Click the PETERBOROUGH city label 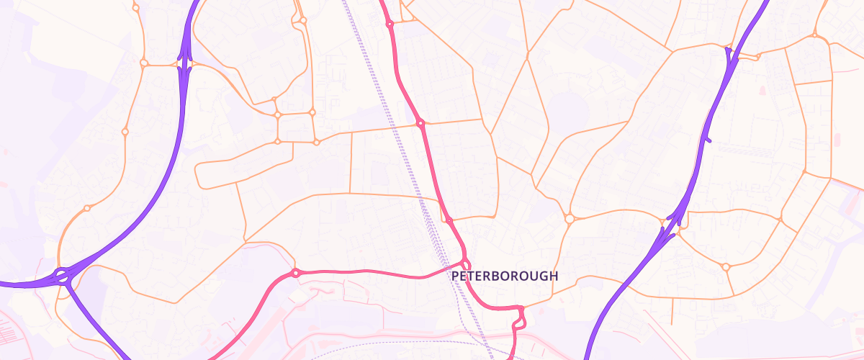point(504,276)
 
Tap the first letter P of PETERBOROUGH point(455,276)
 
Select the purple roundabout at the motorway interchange point(62,274)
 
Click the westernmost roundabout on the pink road point(295,273)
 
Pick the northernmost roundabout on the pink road point(390,24)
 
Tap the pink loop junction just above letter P point(466,263)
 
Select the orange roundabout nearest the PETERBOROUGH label point(569,218)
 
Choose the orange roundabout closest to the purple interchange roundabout point(87,209)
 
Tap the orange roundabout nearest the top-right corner point(815,35)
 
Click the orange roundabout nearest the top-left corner point(136,8)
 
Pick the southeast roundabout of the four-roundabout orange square point(315,142)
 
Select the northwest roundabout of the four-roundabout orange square point(277,114)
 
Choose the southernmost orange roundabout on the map point(726,267)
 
